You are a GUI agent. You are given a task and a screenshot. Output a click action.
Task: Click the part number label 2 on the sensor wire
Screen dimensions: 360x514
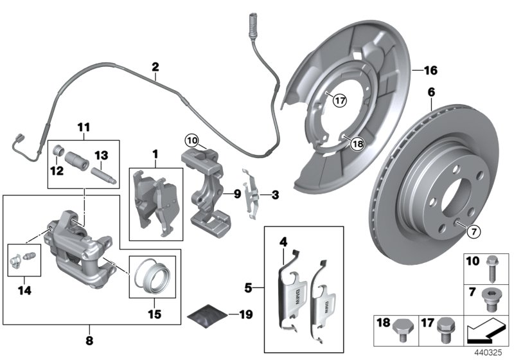coord(155,66)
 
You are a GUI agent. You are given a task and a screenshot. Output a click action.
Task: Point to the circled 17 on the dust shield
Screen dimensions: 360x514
coord(339,100)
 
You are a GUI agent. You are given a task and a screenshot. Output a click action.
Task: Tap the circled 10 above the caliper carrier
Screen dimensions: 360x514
coord(191,139)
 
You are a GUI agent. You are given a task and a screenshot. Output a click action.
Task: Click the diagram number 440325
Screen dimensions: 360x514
coord(493,353)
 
